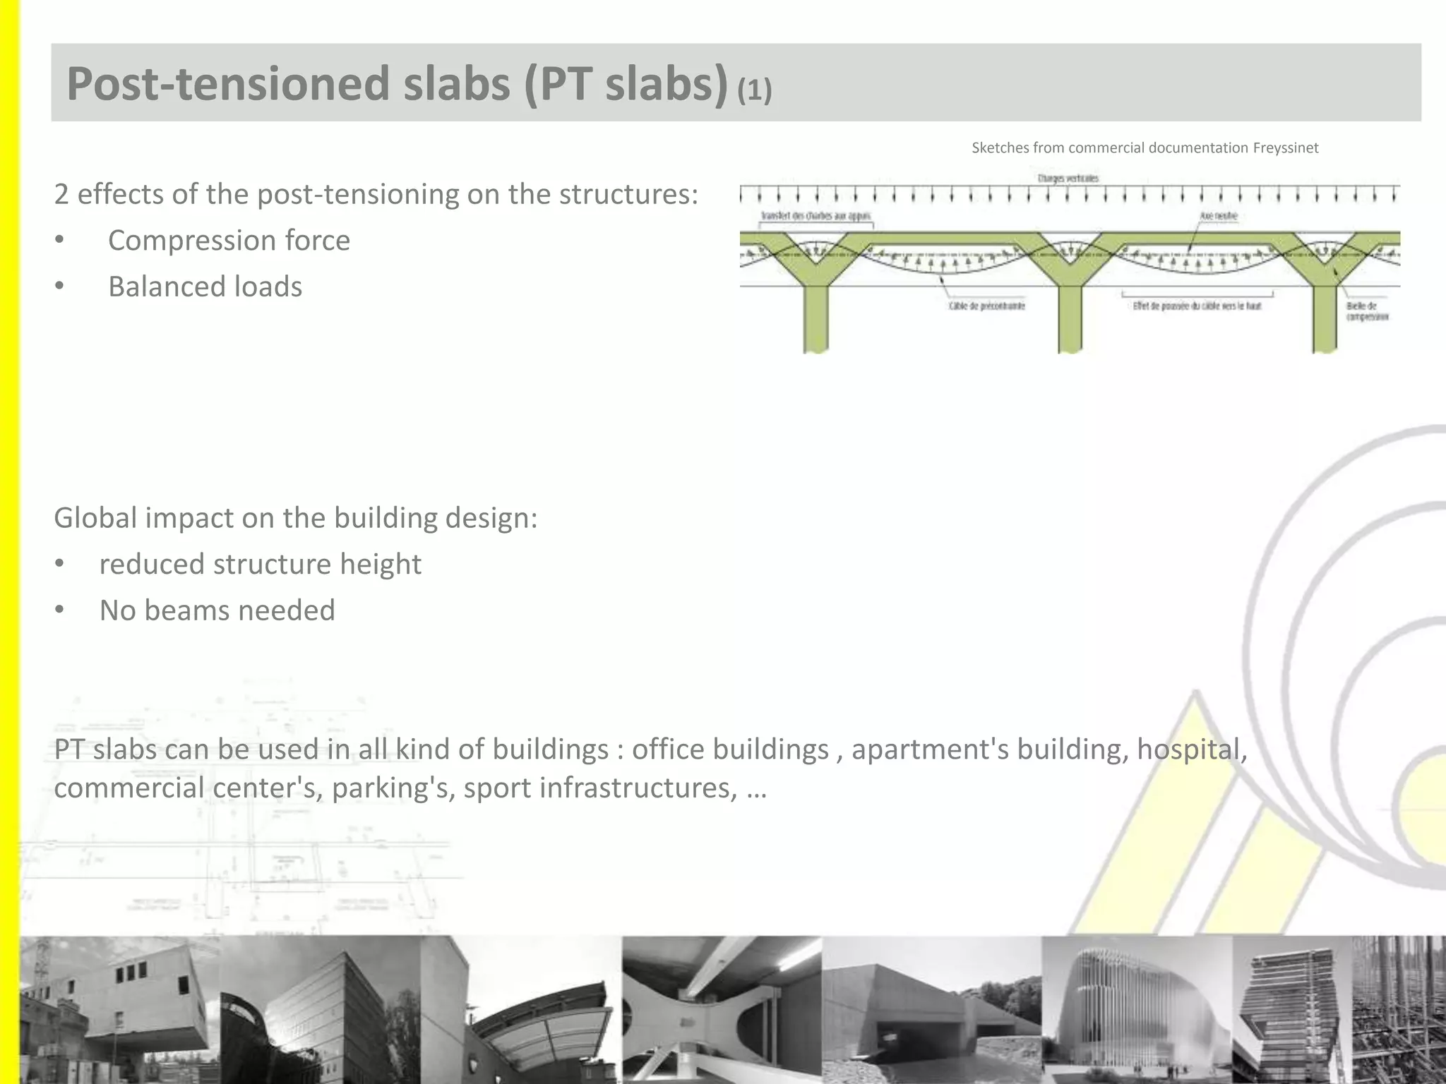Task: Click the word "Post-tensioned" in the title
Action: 227,84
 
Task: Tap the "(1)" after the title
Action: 754,90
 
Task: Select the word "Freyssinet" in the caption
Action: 1285,148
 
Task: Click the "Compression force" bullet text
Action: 229,241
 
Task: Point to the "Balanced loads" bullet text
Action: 205,287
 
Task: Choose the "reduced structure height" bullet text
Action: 260,565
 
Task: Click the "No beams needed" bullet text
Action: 217,610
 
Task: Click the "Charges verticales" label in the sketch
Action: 1068,179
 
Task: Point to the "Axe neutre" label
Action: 1218,216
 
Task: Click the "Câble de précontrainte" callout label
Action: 986,306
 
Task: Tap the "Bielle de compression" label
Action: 1366,311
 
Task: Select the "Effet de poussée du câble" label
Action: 1197,306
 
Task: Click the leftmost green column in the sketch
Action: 816,318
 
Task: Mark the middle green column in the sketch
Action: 1070,318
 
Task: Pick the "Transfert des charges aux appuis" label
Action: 815,216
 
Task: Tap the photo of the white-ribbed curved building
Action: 1137,1009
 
